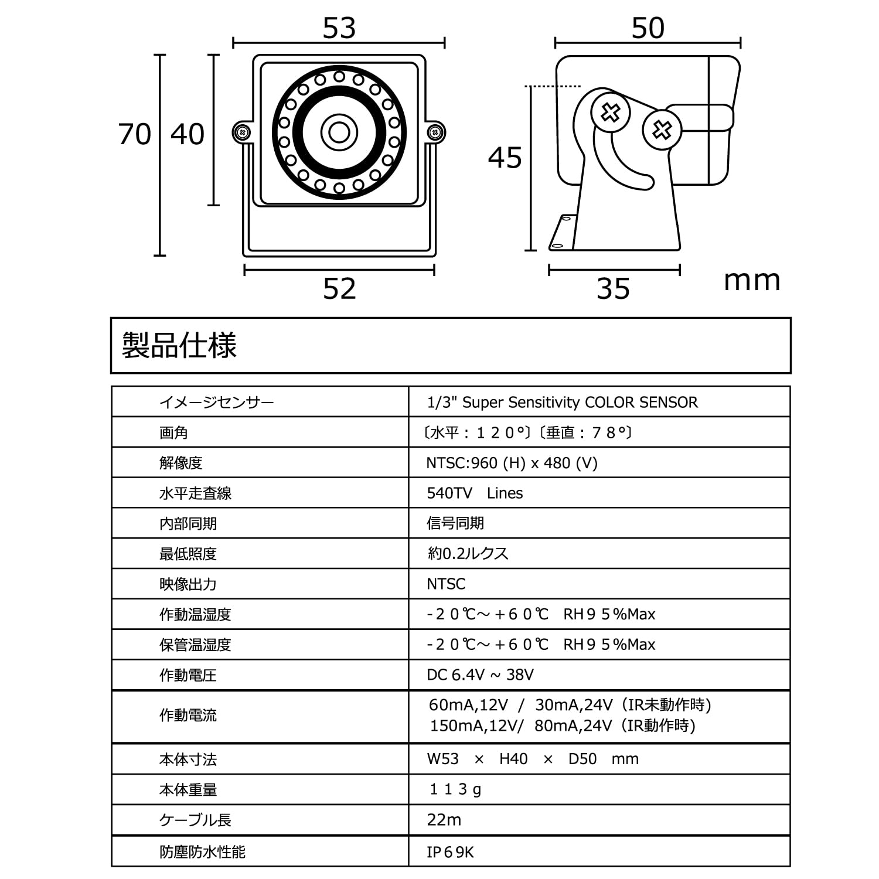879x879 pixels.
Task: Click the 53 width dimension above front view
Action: point(339,28)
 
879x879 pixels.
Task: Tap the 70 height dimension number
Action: point(135,134)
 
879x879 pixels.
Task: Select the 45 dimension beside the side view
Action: point(505,158)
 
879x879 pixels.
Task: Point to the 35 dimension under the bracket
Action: point(613,289)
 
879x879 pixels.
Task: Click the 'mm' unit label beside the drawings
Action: point(752,281)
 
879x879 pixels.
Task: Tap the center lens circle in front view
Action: point(339,132)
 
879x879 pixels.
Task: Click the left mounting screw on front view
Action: point(242,132)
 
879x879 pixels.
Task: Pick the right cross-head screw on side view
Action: point(662,130)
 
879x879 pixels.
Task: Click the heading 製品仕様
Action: point(179,345)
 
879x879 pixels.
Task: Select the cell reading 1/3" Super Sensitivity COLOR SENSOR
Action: point(563,403)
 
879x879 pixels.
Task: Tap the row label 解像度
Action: point(180,463)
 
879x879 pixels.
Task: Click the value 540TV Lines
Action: point(475,493)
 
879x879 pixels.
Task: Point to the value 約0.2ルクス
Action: point(468,554)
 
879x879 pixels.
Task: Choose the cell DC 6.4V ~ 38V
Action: point(480,675)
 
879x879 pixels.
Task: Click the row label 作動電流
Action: point(188,716)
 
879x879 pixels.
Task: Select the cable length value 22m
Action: point(444,820)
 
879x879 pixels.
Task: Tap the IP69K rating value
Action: point(450,852)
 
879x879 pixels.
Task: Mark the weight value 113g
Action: point(455,790)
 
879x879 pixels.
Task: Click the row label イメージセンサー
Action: point(217,403)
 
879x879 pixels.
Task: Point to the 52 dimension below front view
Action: point(339,289)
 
